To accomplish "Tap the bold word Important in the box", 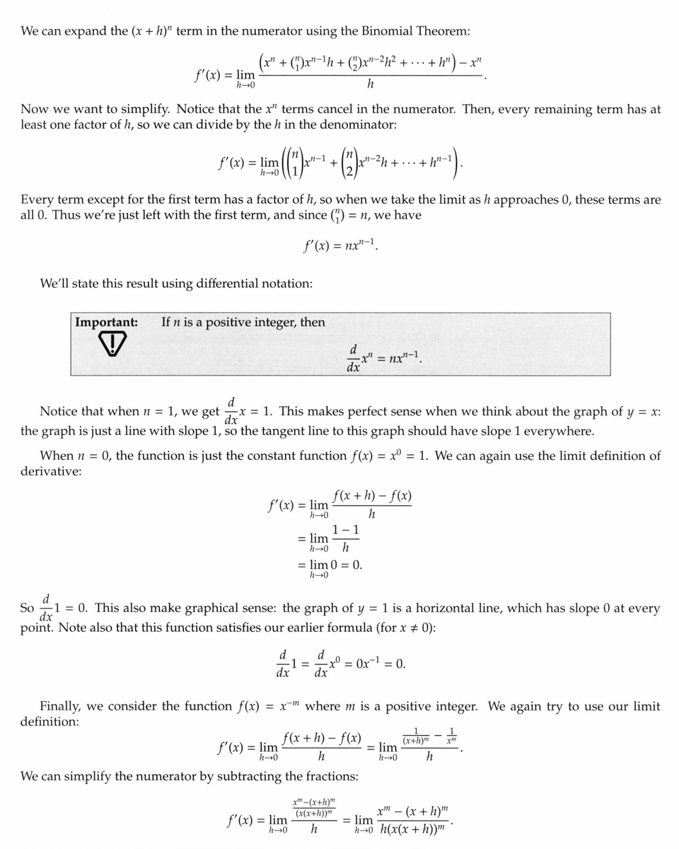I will tap(106, 322).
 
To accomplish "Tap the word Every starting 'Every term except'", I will tap(38, 200).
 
